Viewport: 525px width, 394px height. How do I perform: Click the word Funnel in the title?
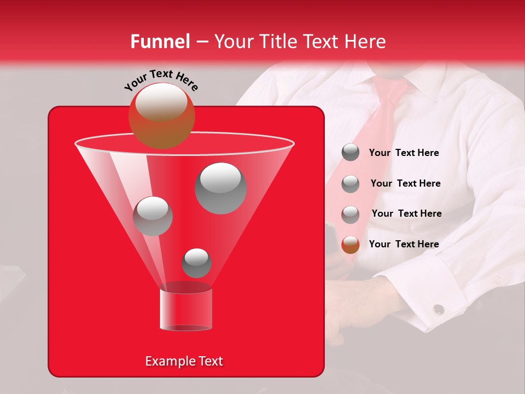click(160, 42)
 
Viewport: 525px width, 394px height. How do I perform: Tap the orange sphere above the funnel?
click(162, 115)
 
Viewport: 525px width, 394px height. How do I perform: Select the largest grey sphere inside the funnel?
click(220, 188)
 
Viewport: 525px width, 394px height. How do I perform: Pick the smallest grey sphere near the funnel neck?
click(196, 263)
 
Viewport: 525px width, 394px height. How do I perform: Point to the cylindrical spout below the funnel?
click(185, 309)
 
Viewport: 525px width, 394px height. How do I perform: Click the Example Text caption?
click(184, 361)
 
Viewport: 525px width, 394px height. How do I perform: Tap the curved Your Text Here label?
click(161, 79)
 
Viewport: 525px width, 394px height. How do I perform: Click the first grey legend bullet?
click(351, 153)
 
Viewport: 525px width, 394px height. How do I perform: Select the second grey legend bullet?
click(351, 184)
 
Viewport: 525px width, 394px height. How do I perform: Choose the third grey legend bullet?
click(351, 215)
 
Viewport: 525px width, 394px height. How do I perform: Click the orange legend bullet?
click(351, 245)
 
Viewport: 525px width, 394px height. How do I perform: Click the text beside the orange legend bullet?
click(404, 244)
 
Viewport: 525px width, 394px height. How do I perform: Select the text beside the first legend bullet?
click(404, 153)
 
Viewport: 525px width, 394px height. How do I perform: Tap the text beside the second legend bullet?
click(405, 183)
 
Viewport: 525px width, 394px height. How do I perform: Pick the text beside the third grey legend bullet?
click(406, 213)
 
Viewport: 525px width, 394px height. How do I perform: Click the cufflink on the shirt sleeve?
click(438, 309)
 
